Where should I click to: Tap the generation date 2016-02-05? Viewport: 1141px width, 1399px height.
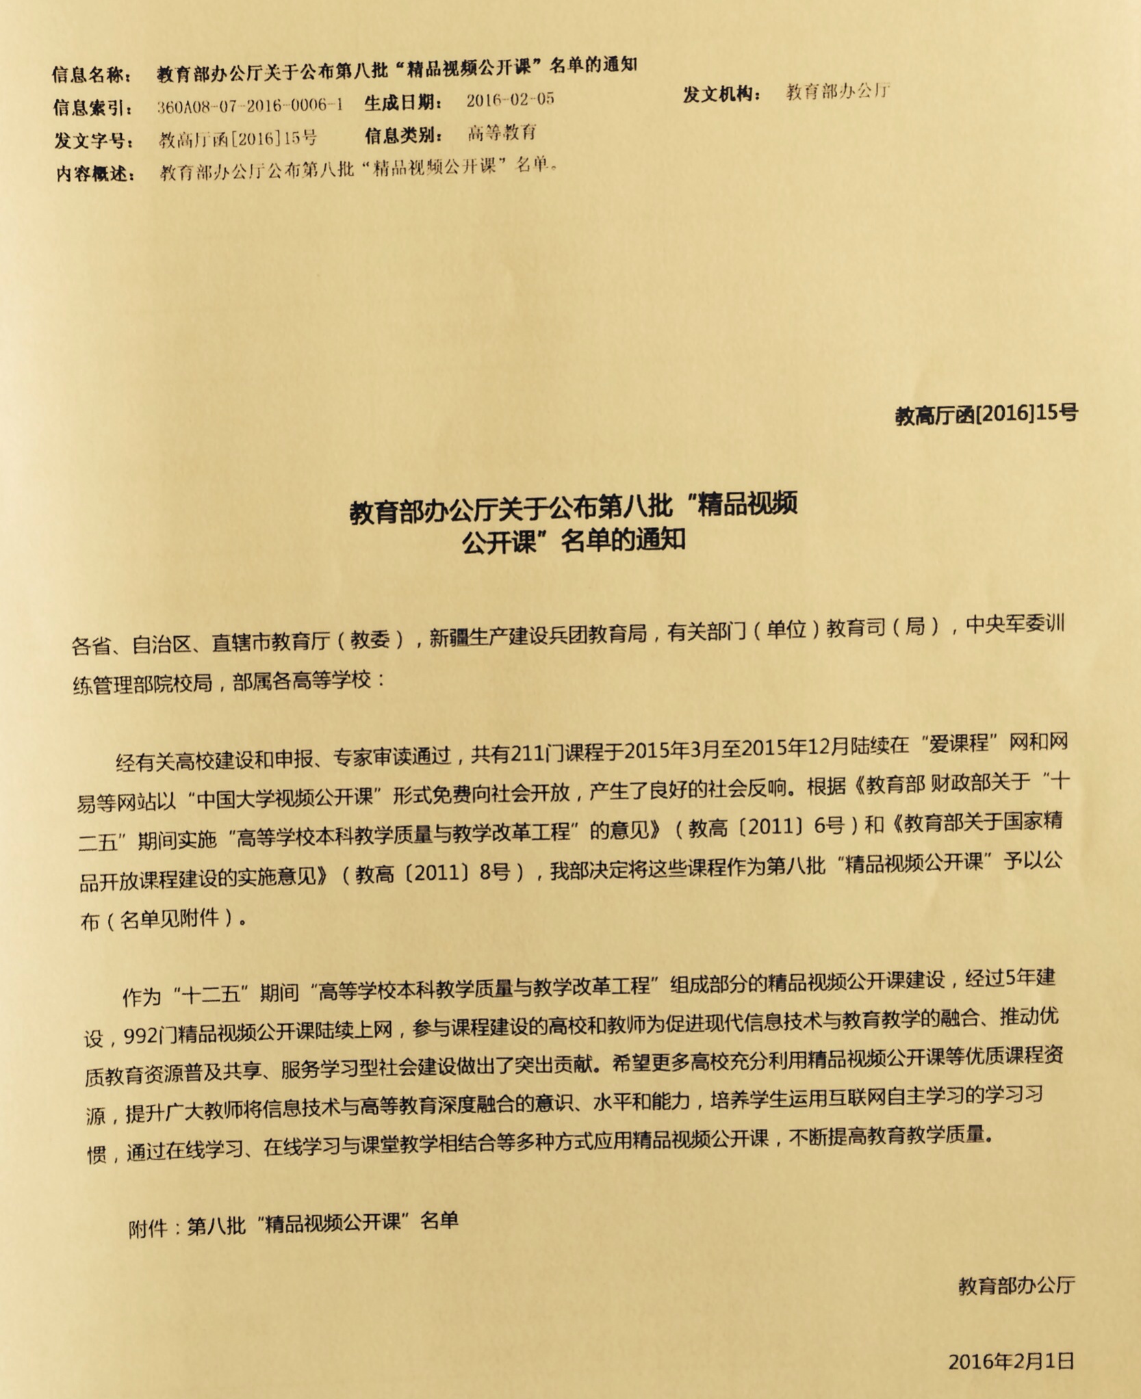(510, 100)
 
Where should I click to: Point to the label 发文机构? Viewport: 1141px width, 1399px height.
(721, 94)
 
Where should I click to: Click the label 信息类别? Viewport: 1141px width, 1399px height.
(403, 135)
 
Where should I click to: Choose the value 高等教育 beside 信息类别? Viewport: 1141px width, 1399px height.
(502, 133)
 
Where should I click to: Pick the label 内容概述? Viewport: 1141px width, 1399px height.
(95, 174)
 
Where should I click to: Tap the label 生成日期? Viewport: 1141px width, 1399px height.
(403, 103)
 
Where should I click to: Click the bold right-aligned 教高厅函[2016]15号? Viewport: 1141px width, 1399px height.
(986, 414)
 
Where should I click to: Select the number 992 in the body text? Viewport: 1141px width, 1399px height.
(140, 1036)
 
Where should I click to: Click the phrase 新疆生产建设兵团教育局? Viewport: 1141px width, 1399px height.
(537, 635)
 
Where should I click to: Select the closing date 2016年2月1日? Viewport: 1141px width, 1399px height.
(1010, 1361)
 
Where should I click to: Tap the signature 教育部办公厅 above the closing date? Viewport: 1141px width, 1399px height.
(1016, 1285)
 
